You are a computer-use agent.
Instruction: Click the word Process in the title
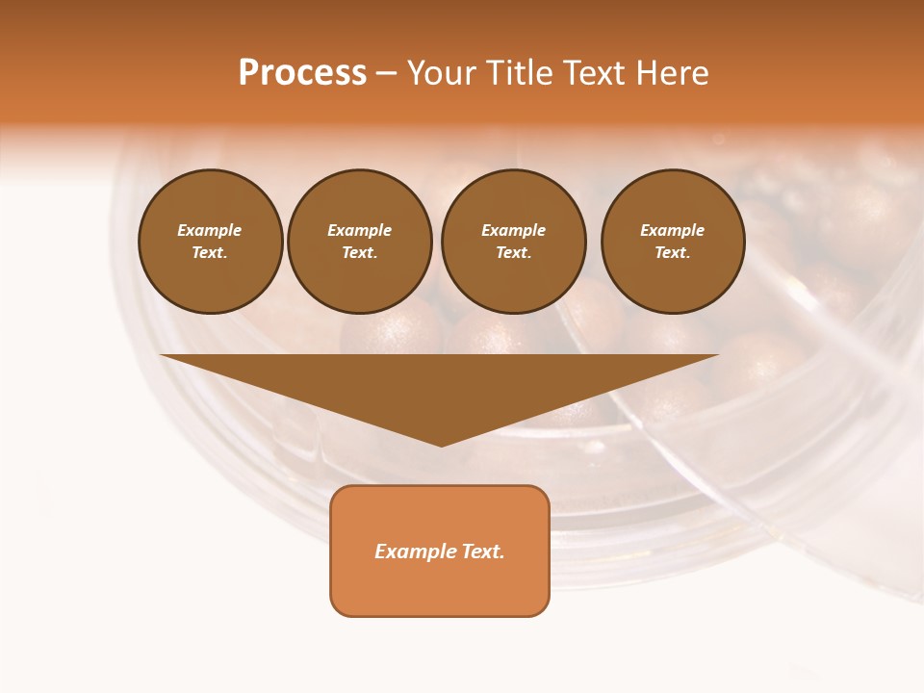click(x=302, y=73)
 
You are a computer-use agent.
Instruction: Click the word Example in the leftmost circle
click(x=210, y=230)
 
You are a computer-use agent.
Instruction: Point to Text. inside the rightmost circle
click(x=673, y=253)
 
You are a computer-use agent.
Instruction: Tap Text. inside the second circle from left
click(x=360, y=253)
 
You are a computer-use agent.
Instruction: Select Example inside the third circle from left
click(x=513, y=230)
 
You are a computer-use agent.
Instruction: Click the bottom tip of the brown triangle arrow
click(x=441, y=444)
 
